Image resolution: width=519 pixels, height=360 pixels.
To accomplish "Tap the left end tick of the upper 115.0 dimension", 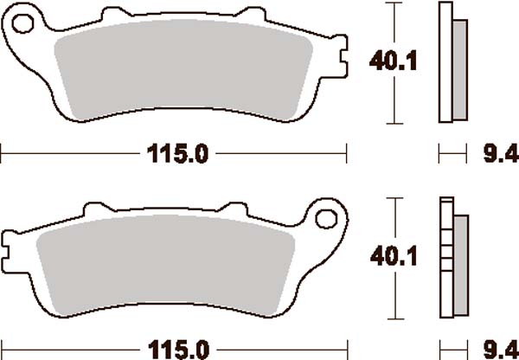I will click(x=3, y=156).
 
